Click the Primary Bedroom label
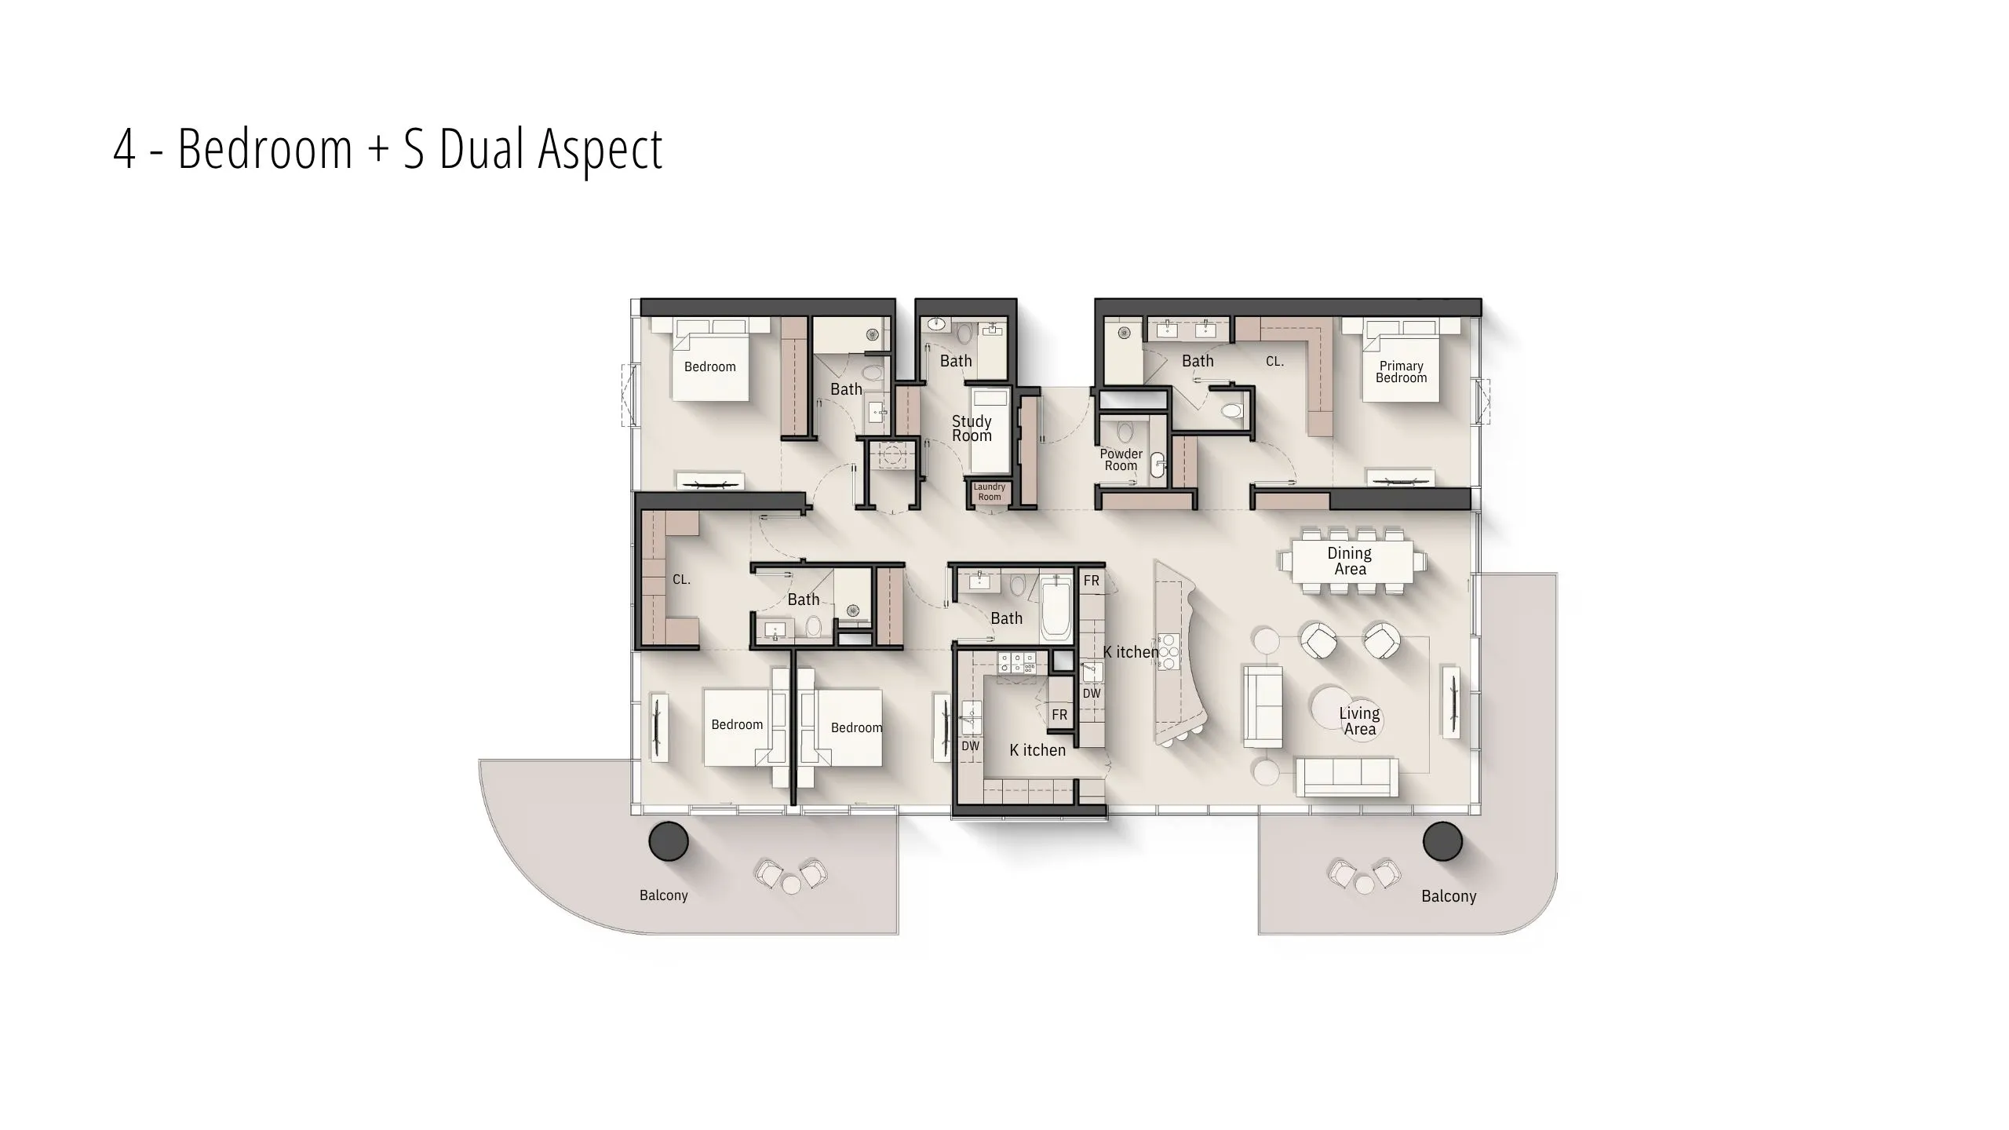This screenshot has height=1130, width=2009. (x=1401, y=372)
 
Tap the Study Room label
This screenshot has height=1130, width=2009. (x=972, y=428)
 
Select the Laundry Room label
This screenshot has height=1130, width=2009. (x=990, y=492)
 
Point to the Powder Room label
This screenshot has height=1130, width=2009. (x=1121, y=460)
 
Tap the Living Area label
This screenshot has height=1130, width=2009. (x=1359, y=721)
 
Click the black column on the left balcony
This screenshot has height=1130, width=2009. (x=669, y=841)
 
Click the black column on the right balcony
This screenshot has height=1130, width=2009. (x=1442, y=841)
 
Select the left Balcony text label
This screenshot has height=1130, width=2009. (x=663, y=895)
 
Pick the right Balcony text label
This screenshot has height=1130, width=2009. (x=1449, y=896)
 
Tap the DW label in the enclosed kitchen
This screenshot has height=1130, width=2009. (x=971, y=746)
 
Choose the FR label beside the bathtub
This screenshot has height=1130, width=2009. (x=1092, y=581)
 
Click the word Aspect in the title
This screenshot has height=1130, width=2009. (x=600, y=150)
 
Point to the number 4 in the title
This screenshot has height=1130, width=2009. (x=124, y=149)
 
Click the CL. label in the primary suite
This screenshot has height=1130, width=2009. (x=1274, y=362)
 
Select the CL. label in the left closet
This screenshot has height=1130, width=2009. (x=681, y=580)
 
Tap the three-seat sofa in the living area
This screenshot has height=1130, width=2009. (x=1347, y=777)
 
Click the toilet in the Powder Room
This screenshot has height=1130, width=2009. (x=1125, y=432)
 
